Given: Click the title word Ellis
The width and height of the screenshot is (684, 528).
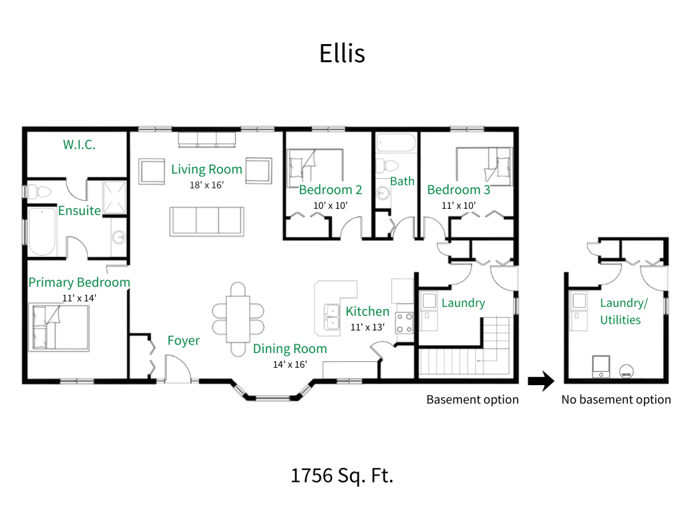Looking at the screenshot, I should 342,53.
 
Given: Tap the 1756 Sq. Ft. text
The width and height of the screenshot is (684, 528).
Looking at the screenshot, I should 341,476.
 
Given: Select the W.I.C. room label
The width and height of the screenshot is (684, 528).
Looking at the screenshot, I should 79,144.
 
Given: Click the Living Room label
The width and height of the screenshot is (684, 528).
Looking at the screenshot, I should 206,170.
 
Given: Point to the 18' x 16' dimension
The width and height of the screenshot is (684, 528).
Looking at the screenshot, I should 206,185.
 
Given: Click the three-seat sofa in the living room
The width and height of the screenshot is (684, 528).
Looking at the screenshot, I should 206,220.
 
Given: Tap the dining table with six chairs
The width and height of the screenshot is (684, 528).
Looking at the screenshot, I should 238,319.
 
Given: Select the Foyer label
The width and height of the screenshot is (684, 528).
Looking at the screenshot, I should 183,341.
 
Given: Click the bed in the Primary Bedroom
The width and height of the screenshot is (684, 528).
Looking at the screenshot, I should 60,327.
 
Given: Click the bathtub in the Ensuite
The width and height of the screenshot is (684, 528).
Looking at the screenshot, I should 41,231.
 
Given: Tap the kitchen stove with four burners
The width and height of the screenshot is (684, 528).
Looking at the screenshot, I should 404,322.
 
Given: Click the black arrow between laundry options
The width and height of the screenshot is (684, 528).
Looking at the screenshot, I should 541,381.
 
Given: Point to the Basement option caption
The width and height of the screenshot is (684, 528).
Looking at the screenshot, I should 472,400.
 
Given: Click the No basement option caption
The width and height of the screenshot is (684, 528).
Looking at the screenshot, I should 615,400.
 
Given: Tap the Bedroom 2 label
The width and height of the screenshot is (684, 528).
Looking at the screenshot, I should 330,190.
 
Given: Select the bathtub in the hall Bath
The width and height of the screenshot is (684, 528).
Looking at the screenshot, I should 395,144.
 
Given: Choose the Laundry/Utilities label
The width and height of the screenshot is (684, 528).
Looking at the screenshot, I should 623,312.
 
